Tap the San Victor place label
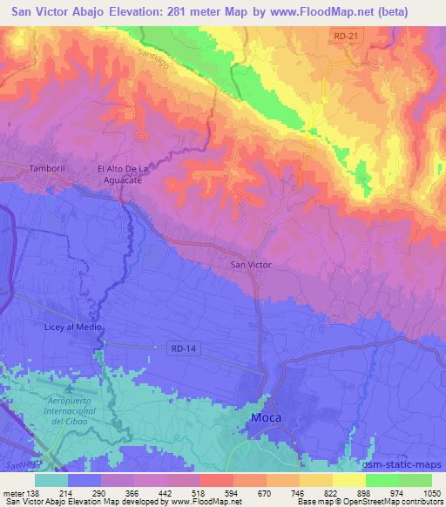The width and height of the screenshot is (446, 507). tap(251, 263)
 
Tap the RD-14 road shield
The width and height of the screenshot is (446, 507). tap(180, 347)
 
